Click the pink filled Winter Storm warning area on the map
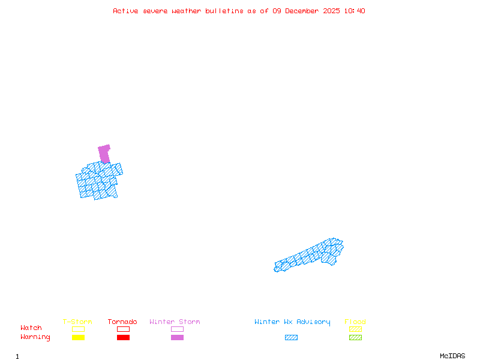[x=104, y=154]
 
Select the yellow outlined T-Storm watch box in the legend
[x=78, y=329]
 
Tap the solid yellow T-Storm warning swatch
[x=78, y=338]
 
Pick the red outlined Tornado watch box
[x=123, y=329]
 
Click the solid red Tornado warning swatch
[x=123, y=338]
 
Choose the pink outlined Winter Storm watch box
[x=177, y=329]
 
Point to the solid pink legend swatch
[x=177, y=338]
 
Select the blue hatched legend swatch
[x=291, y=338]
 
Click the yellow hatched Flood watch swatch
[x=355, y=329]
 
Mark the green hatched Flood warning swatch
[x=355, y=338]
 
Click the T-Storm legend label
[x=77, y=322]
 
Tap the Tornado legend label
[x=122, y=322]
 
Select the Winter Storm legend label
[x=175, y=322]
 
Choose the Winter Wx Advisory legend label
[x=292, y=322]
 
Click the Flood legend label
[x=355, y=322]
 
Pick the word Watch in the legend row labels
[x=31, y=328]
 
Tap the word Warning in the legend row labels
[x=35, y=337]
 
